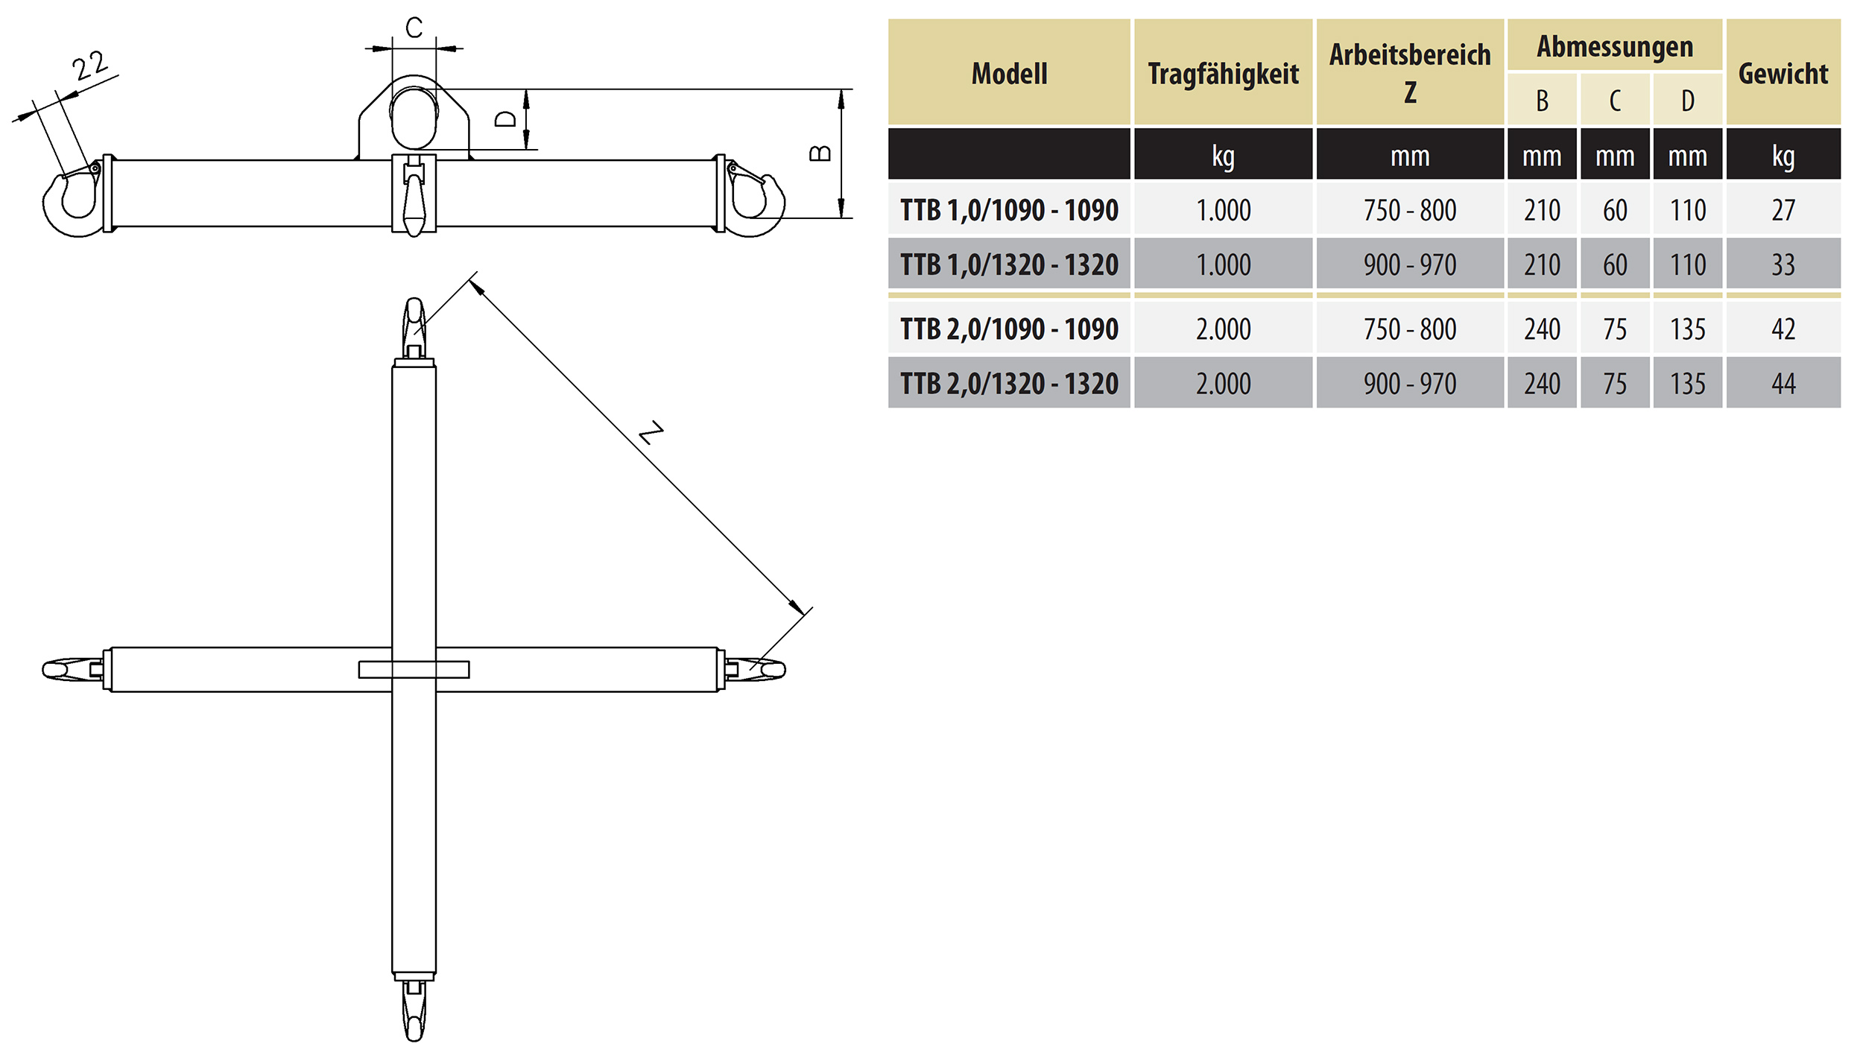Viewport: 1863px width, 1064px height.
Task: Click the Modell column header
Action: click(1009, 74)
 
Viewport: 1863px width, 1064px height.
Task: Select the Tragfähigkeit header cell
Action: click(1223, 74)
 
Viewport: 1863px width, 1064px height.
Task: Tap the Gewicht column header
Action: click(1783, 74)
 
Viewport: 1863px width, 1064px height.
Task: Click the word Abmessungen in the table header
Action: click(1615, 46)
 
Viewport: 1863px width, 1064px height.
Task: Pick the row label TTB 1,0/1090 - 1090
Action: click(1009, 210)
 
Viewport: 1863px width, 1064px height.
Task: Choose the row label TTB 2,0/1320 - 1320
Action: click(1009, 384)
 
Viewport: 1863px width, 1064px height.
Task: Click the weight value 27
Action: click(1783, 210)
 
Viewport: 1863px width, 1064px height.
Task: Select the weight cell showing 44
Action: click(1783, 384)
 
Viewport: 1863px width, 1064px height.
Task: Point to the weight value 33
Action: click(1783, 265)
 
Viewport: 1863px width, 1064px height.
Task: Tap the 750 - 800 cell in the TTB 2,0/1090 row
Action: click(1409, 329)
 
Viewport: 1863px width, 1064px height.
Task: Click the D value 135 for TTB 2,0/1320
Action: click(1687, 384)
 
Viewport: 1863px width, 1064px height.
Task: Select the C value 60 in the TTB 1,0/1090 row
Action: click(1615, 210)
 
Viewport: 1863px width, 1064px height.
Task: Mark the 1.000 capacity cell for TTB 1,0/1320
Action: click(1223, 265)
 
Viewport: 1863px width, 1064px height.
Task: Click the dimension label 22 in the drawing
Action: click(90, 66)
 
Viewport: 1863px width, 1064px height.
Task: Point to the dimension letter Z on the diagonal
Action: click(651, 433)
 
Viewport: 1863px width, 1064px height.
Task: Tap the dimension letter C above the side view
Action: click(414, 28)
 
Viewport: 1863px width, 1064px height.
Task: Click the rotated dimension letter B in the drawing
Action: click(820, 153)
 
